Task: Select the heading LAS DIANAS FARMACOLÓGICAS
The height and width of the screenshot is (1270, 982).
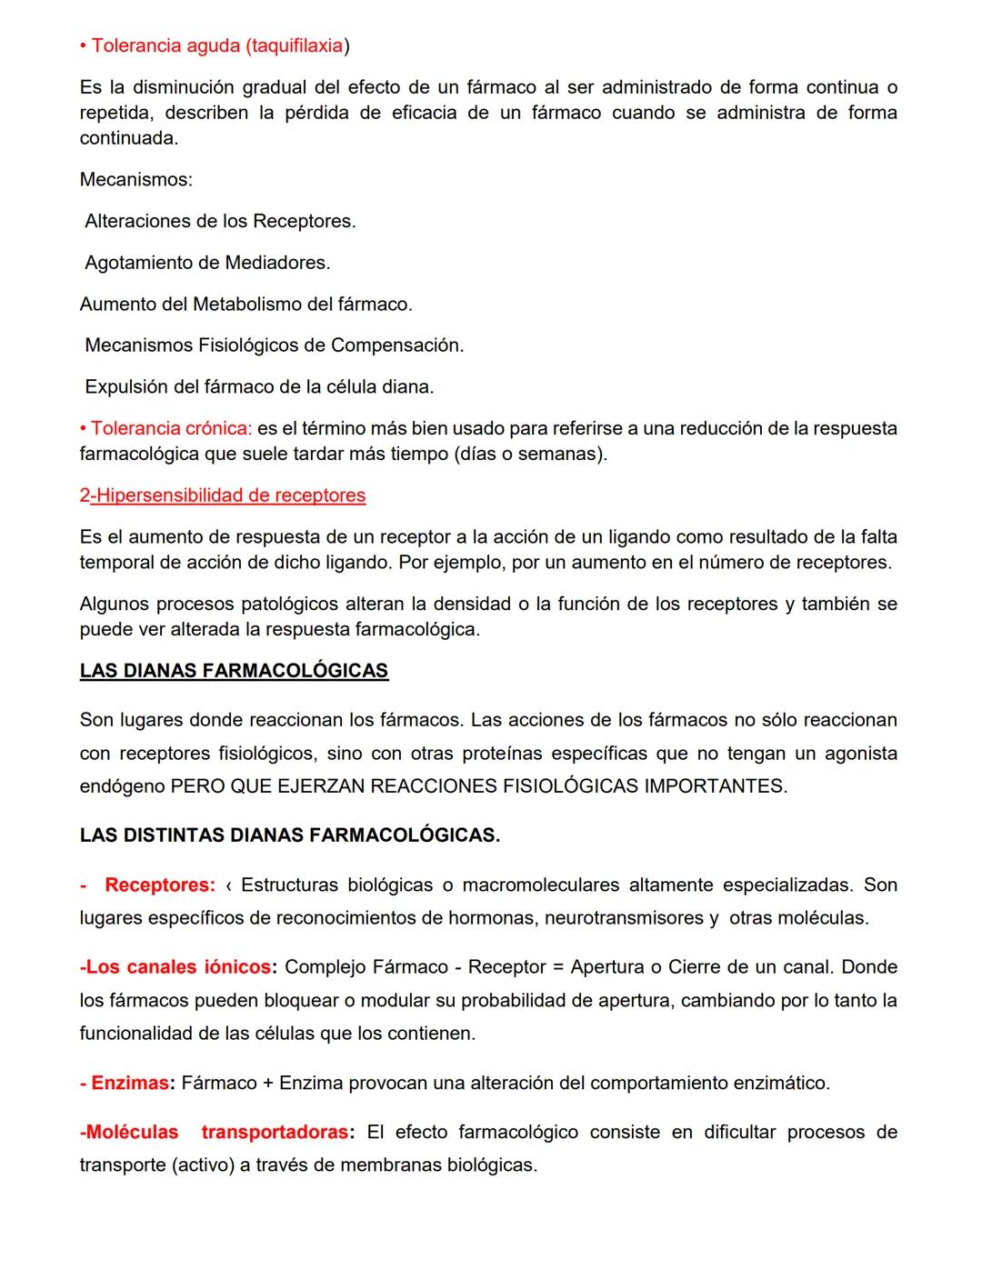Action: (x=234, y=671)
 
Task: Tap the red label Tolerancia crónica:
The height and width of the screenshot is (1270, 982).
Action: (x=170, y=428)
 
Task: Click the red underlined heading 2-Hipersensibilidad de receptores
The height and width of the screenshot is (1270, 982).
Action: (x=223, y=495)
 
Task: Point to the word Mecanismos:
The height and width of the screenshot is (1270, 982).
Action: (x=136, y=180)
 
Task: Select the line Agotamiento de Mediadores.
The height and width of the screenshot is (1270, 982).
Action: (x=207, y=263)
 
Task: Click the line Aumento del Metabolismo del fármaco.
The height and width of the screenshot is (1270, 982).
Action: (x=245, y=305)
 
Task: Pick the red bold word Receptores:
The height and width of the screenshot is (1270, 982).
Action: (x=160, y=885)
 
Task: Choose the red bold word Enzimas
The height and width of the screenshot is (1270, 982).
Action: (x=130, y=1084)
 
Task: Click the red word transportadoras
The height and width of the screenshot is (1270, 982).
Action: (x=275, y=1133)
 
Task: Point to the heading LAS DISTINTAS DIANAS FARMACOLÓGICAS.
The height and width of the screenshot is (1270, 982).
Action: (x=289, y=835)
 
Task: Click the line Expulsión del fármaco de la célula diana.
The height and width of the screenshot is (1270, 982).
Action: (x=259, y=387)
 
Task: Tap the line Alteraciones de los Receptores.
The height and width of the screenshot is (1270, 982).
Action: (x=220, y=222)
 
